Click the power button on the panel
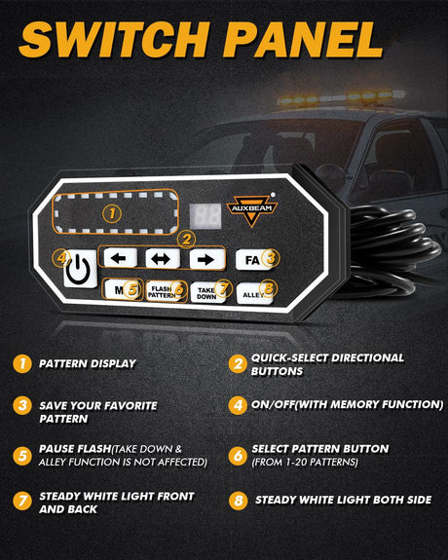click(81, 269)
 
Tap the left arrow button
click(120, 257)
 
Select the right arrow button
click(207, 259)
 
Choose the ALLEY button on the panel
click(255, 293)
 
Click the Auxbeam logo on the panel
click(252, 210)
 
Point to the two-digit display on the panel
click(205, 216)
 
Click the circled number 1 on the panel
click(112, 213)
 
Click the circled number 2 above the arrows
click(186, 240)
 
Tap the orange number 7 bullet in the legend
click(22, 501)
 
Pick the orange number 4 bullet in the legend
click(238, 405)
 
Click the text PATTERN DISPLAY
click(88, 363)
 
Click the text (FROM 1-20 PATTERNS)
click(305, 463)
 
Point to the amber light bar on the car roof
click(342, 97)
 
